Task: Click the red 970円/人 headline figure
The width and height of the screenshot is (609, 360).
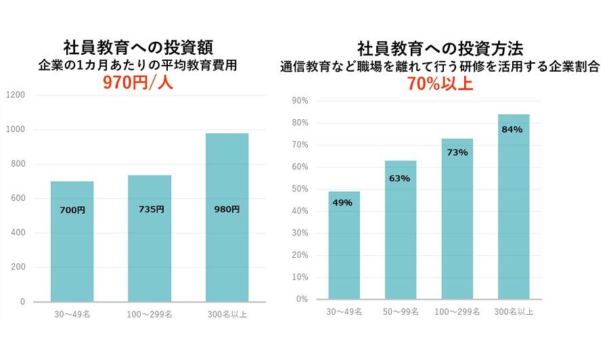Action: pos(138,83)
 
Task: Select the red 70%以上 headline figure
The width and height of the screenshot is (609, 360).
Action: pos(439,84)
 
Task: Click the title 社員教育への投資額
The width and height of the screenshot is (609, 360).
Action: pos(138,48)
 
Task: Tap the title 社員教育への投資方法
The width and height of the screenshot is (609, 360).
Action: pos(440,49)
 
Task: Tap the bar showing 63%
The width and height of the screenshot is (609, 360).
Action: pos(401,229)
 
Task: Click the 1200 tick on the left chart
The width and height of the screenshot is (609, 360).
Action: pos(16,95)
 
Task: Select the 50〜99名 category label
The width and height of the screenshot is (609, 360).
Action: pos(401,312)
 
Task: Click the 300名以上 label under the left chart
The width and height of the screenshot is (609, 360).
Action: pos(227,315)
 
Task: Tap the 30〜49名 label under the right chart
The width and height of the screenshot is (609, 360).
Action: pos(344,312)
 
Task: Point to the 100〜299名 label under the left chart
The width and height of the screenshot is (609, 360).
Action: pos(150,315)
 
